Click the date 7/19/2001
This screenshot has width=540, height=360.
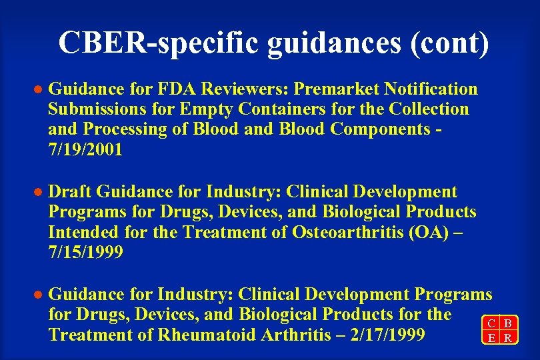[x=85, y=149]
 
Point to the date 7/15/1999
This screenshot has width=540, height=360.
[x=85, y=253]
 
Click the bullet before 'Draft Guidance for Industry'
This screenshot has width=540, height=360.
[x=38, y=193]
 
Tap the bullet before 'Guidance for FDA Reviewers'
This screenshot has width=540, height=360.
[x=38, y=90]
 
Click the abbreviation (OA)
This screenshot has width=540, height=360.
[x=429, y=233]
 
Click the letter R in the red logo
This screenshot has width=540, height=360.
[x=508, y=338]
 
